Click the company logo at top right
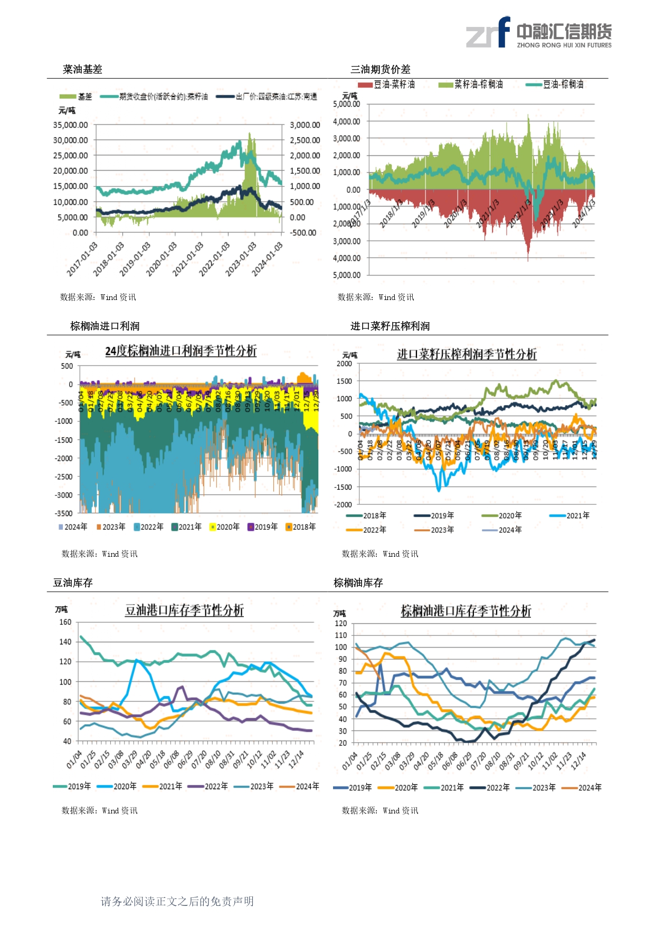[x=538, y=33]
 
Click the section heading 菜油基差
[x=82, y=69]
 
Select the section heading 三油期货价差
[x=380, y=69]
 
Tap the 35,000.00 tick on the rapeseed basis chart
[x=70, y=125]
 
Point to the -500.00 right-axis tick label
[x=303, y=233]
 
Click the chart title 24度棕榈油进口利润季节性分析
[x=181, y=351]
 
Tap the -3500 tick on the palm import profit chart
[x=64, y=513]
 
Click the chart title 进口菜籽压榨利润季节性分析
[x=467, y=354]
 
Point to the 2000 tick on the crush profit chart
[x=344, y=364]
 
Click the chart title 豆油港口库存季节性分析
[x=184, y=611]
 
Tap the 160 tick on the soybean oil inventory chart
[x=65, y=622]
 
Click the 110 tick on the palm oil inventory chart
[x=341, y=635]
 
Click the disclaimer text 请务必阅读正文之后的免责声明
[x=177, y=902]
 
